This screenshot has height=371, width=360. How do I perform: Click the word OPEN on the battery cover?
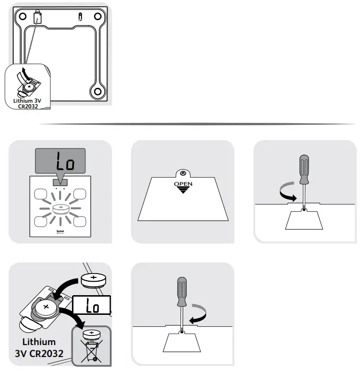coord(183,183)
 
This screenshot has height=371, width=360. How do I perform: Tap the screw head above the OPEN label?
coord(182,173)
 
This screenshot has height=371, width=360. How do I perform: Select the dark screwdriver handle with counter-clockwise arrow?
coord(304,169)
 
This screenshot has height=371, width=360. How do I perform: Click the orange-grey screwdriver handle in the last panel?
coord(182,291)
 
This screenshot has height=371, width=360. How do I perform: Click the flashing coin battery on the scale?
coord(60,209)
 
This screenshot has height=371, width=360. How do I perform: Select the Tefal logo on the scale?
coord(60,231)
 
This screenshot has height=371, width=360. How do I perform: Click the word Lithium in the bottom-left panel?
coord(38,343)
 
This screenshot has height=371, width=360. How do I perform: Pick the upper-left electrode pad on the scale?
coord(41,194)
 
